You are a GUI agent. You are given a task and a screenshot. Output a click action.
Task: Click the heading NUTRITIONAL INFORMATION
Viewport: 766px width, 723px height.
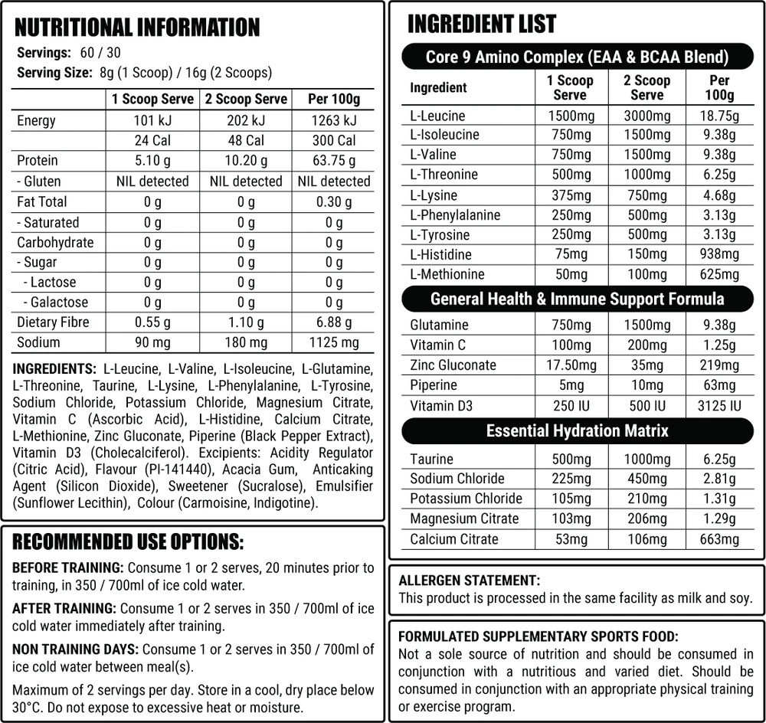point(138,28)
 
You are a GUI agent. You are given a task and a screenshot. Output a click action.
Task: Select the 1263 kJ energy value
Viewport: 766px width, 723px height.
point(334,121)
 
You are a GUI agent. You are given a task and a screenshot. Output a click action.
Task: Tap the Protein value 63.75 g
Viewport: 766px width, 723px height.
point(334,161)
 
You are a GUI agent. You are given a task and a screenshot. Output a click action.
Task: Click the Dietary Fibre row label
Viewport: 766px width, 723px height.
point(54,322)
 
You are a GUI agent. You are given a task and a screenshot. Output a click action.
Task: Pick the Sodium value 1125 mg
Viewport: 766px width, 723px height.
point(334,342)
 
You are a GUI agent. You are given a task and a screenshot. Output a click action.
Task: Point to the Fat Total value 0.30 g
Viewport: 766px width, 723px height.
point(334,202)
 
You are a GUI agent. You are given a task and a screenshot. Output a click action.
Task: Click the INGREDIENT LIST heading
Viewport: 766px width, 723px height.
point(482,24)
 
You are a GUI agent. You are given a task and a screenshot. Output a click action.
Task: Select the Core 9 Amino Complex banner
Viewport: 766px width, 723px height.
point(577,57)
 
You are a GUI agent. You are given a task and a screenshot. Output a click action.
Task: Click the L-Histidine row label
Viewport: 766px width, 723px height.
point(440,254)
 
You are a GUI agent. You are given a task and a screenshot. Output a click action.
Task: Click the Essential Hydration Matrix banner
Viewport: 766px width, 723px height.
point(577,430)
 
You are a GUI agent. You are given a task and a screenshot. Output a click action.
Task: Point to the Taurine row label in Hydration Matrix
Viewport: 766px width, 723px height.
point(431,459)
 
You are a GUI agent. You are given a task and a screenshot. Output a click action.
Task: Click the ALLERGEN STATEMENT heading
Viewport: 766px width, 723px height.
point(470,581)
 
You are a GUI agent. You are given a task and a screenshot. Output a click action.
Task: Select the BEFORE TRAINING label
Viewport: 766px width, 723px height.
point(68,568)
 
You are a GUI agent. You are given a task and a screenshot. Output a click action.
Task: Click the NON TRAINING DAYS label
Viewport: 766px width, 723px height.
point(74,649)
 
